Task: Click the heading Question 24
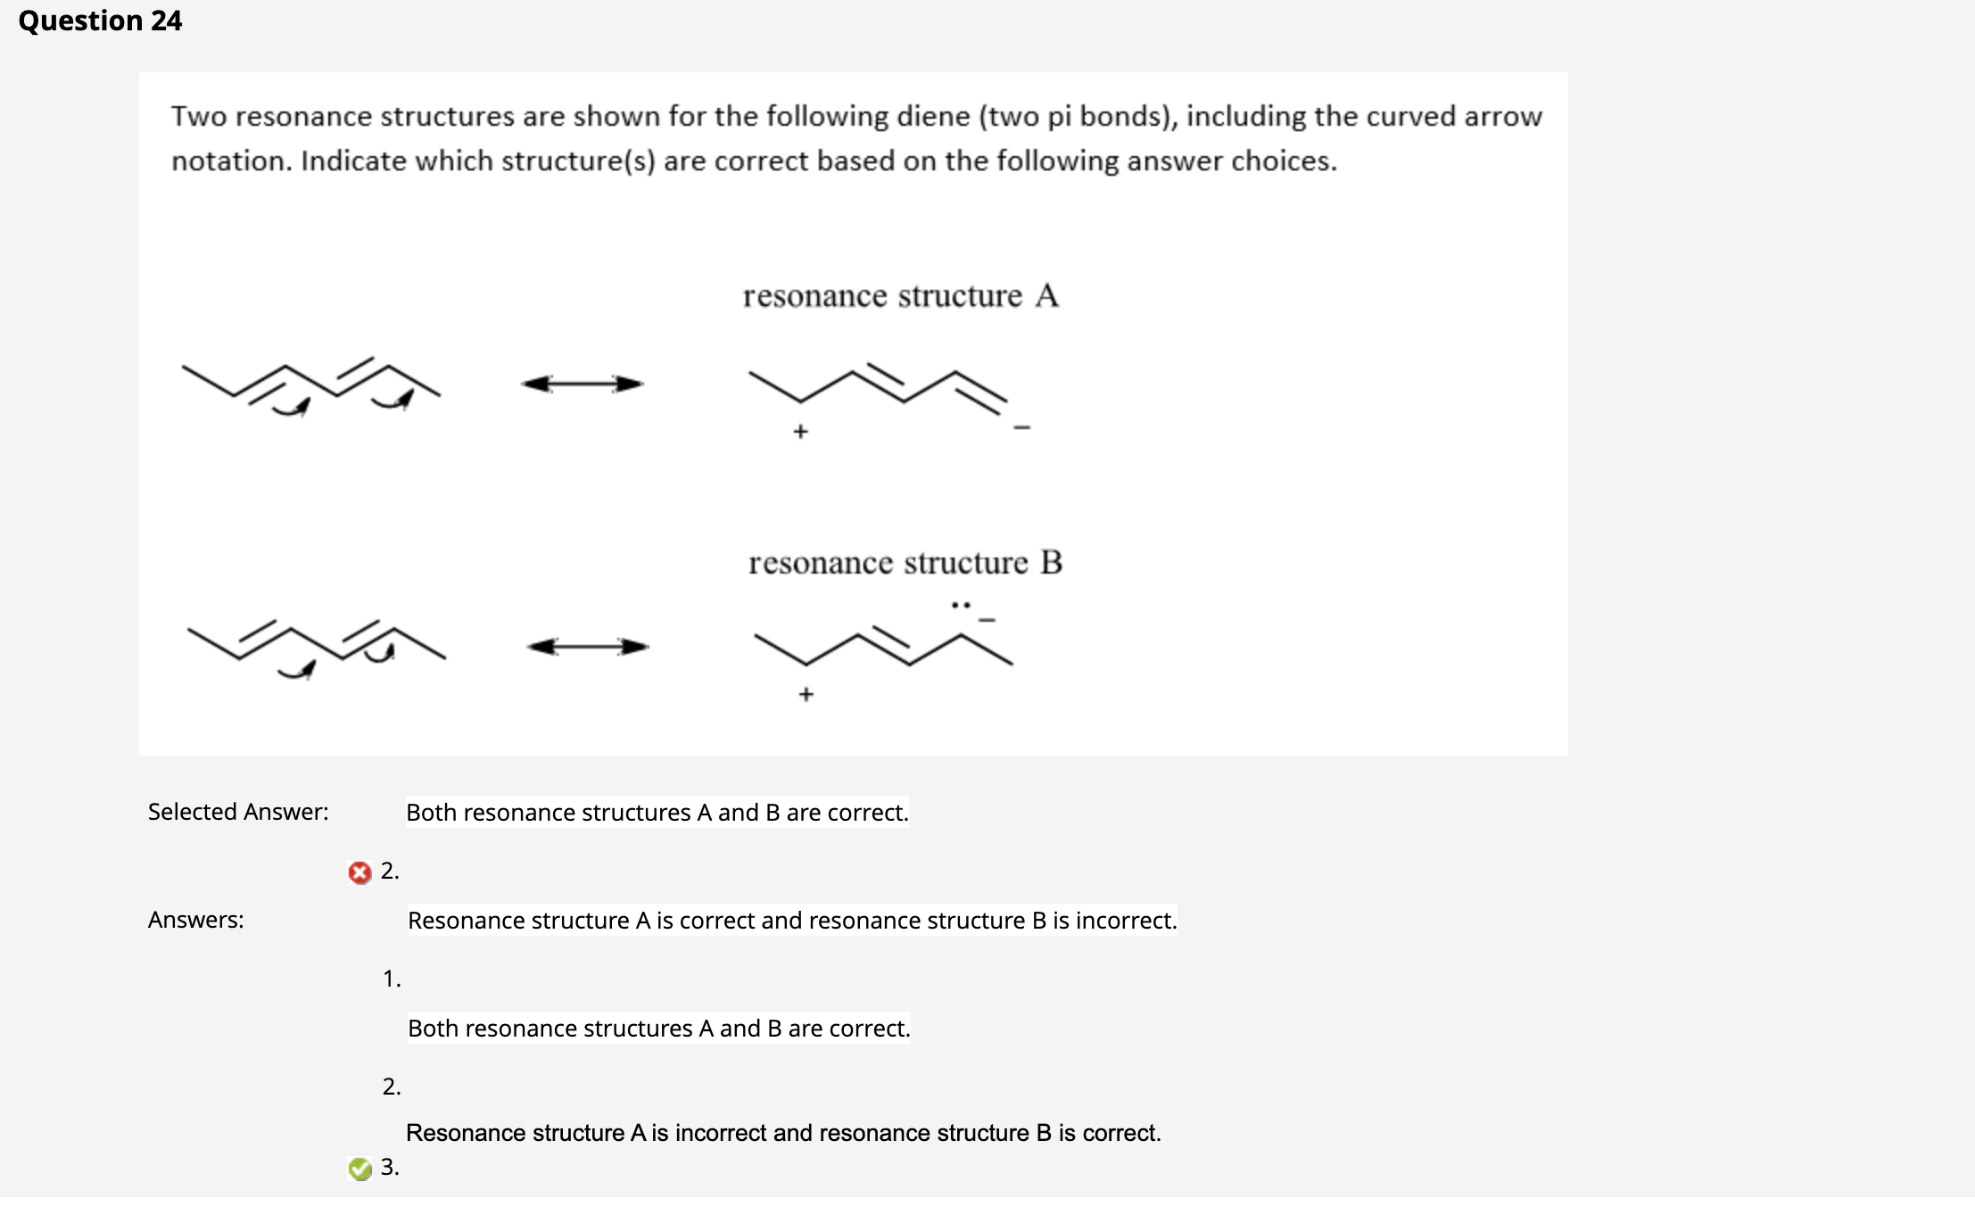(x=100, y=21)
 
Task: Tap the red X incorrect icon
(x=359, y=872)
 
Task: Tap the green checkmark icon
(x=359, y=1169)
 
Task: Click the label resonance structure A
(x=900, y=296)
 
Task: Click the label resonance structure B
(x=905, y=563)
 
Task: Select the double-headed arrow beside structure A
(x=582, y=384)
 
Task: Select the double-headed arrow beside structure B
(x=587, y=647)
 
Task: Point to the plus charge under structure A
(x=800, y=432)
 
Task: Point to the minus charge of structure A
(x=1021, y=428)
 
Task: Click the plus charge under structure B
(x=806, y=694)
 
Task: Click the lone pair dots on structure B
(x=960, y=606)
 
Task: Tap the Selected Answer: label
(x=238, y=812)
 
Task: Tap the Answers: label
(x=195, y=920)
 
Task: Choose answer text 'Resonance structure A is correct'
(x=791, y=921)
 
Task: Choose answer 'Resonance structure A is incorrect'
(x=782, y=1133)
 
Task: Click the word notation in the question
(x=231, y=161)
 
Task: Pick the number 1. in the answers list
(x=392, y=979)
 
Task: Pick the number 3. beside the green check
(x=390, y=1167)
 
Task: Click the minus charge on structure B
(x=987, y=619)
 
